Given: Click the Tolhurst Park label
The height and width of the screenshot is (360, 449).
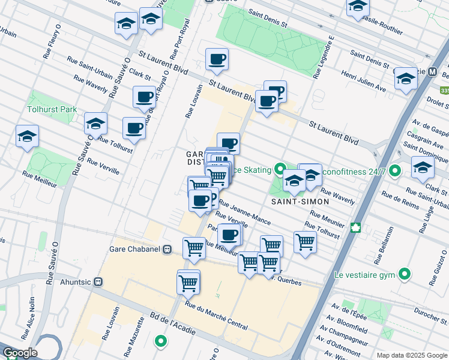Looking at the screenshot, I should [52, 110].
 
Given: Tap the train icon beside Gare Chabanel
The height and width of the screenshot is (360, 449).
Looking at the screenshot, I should [167, 249].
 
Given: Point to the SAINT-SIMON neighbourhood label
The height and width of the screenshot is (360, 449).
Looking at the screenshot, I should [294, 202].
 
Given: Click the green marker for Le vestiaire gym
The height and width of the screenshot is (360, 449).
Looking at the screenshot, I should [406, 275].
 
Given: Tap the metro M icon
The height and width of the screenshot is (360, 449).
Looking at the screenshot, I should [432, 71].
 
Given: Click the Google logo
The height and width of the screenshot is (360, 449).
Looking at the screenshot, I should [20, 353].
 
